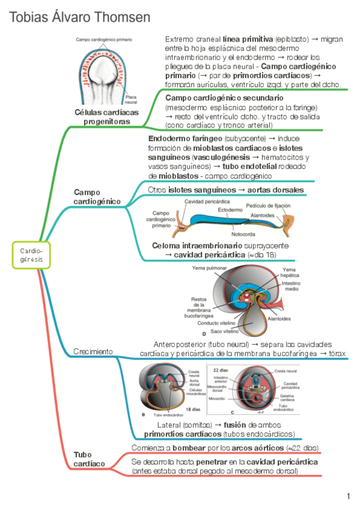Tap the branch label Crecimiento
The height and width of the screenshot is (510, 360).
pyautogui.click(x=93, y=351)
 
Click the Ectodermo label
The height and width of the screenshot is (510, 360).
pyautogui.click(x=230, y=210)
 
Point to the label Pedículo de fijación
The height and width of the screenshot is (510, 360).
pyautogui.click(x=266, y=206)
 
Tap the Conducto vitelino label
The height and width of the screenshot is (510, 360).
pyautogui.click(x=219, y=323)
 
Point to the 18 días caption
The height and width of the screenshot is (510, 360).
pyautogui.click(x=193, y=410)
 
